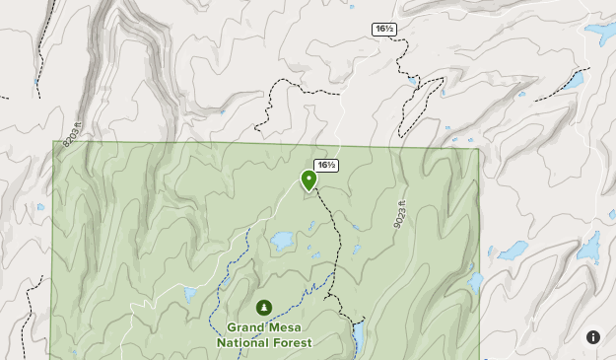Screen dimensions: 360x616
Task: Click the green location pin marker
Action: pos(308,180)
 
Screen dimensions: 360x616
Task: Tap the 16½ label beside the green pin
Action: pos(326,165)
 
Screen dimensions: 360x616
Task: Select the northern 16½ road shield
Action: pos(384,29)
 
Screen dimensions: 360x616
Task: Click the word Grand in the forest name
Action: pos(247,327)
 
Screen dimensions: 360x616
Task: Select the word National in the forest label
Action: pos(242,343)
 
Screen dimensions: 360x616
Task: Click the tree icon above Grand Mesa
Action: pos(264,308)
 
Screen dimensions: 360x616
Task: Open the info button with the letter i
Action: pos(593,337)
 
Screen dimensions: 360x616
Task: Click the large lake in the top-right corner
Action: pos(600,34)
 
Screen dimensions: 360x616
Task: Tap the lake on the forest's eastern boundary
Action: pos(476,284)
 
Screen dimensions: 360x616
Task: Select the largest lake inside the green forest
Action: pos(282,240)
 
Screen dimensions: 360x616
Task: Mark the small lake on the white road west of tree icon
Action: pos(190,294)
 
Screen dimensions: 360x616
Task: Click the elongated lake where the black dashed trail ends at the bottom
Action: pos(359,335)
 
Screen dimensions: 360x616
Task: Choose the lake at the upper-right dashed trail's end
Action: pos(574,79)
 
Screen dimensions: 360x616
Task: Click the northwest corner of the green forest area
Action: pos(53,142)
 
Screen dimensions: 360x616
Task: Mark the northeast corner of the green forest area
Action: pos(478,149)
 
